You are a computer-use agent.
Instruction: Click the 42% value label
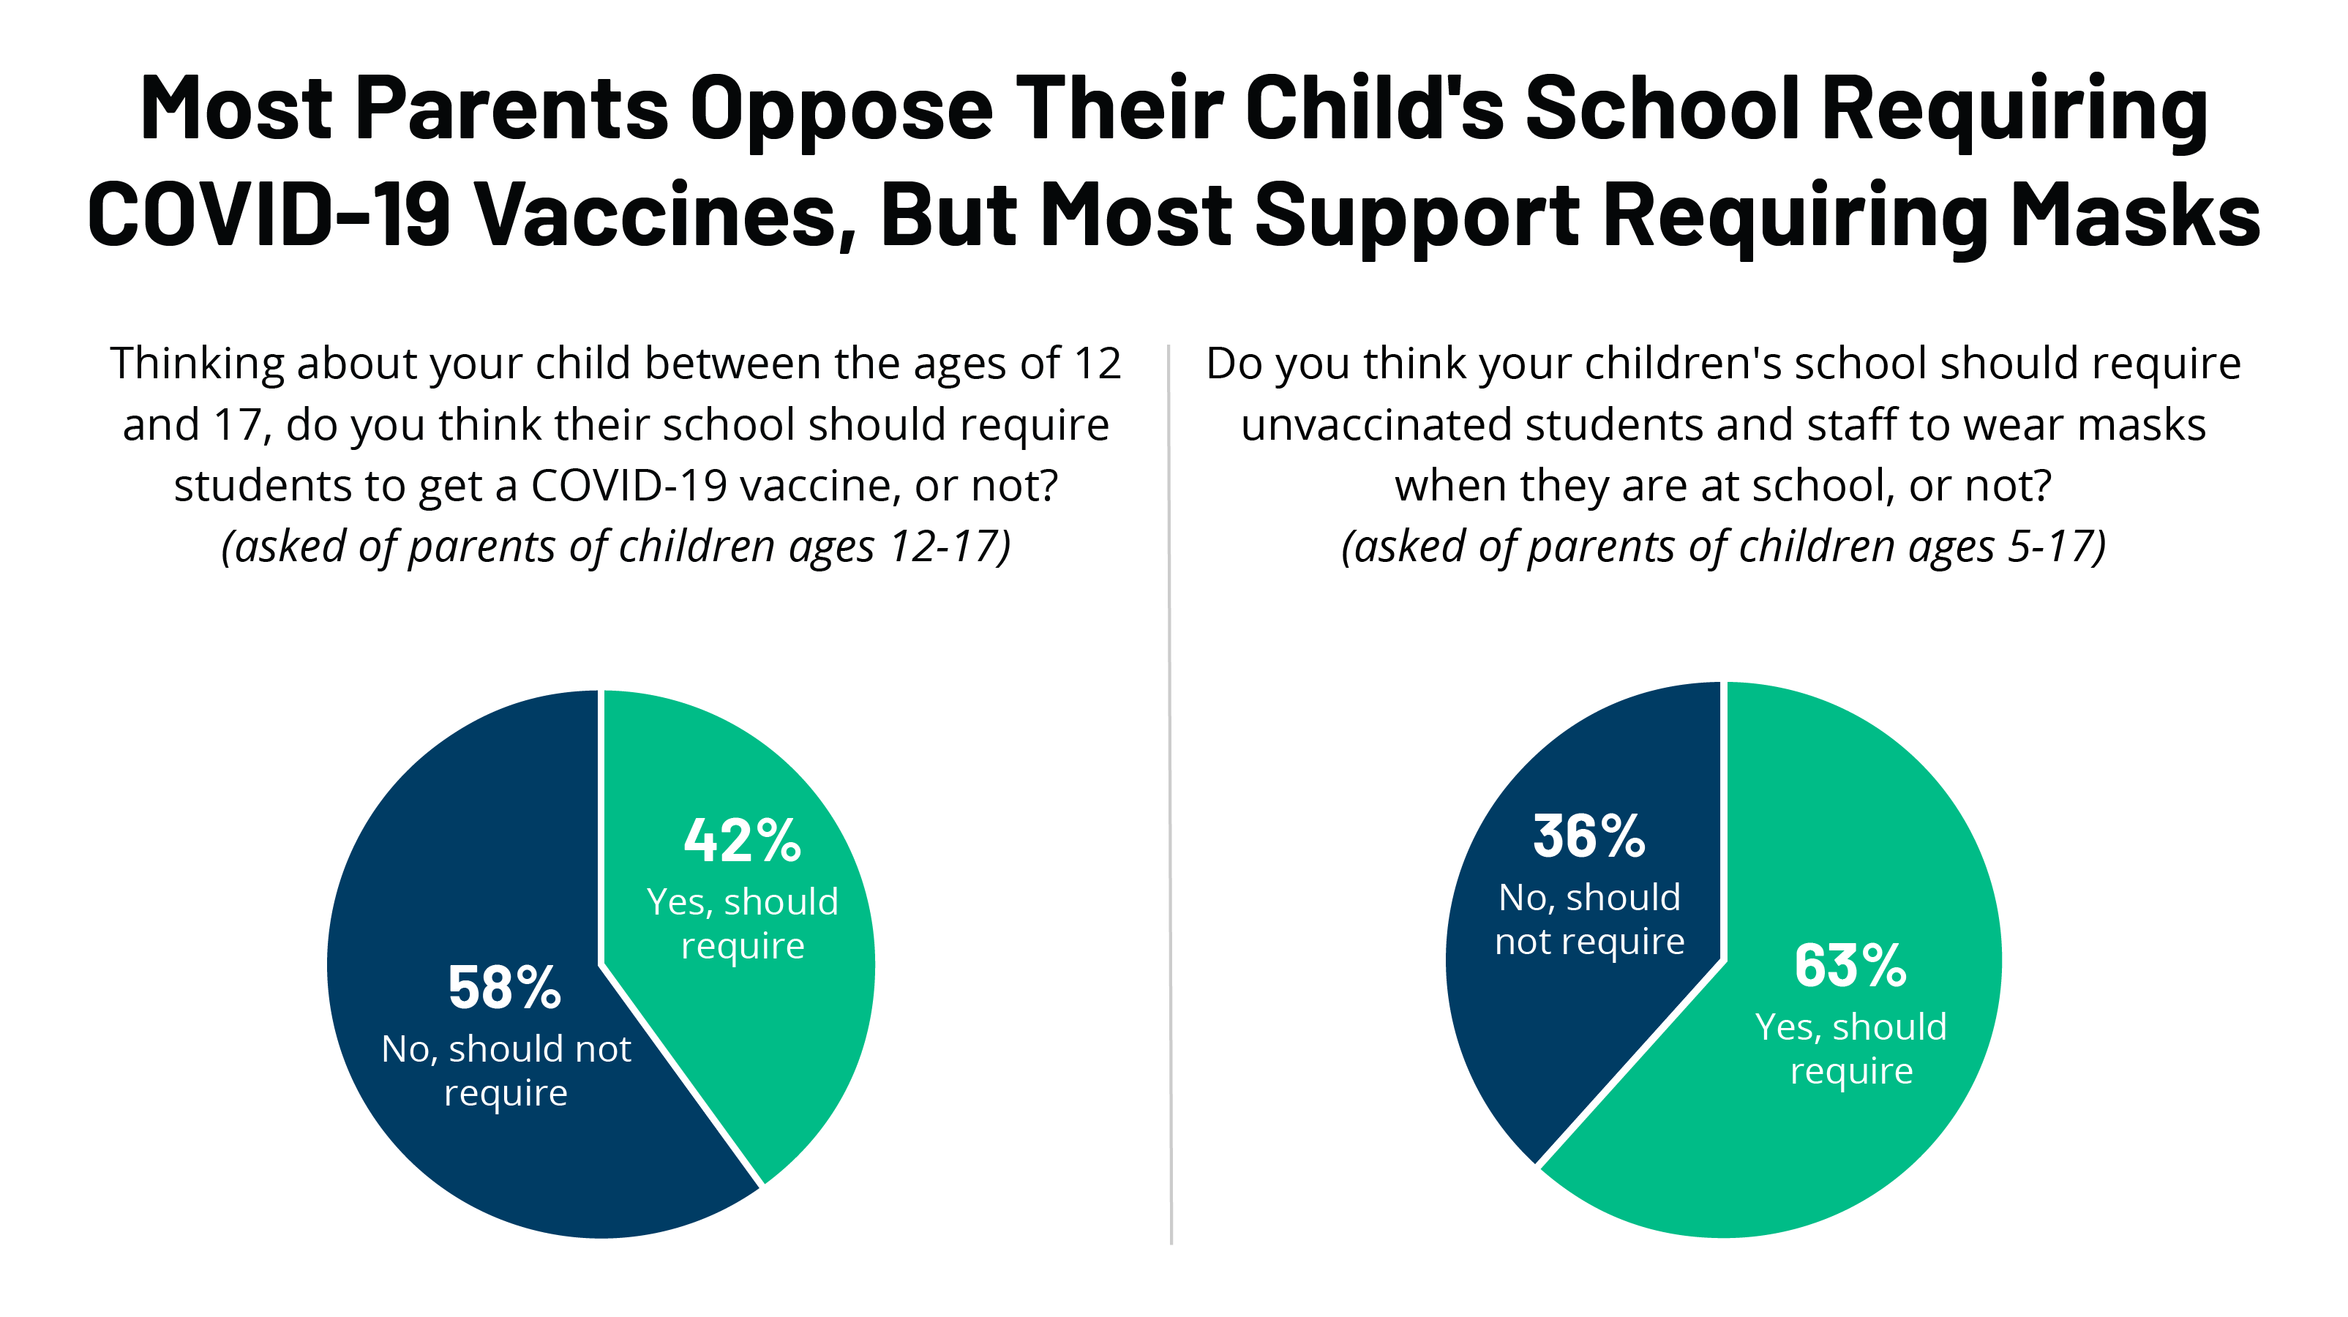(742, 841)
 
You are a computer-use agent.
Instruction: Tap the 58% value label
(504, 988)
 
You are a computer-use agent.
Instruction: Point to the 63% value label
(1850, 966)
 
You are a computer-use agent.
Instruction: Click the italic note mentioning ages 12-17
(616, 547)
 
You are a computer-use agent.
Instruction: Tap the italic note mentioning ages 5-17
(1722, 547)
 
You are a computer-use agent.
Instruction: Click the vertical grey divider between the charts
(1169, 820)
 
